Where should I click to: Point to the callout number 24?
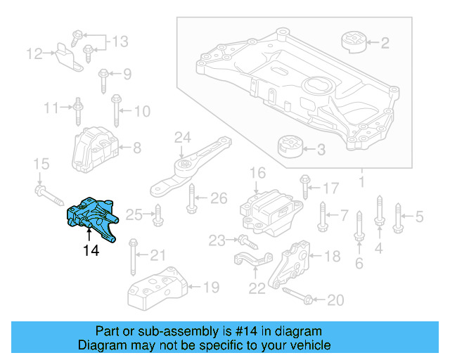pos(182,136)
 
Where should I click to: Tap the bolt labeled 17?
pos(304,185)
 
